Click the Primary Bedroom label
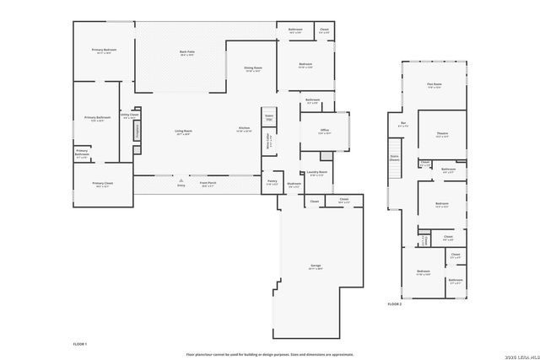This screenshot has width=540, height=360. (x=104, y=51)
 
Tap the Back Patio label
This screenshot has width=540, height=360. (x=187, y=52)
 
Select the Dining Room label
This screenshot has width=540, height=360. (x=253, y=68)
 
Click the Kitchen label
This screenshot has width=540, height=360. (x=244, y=130)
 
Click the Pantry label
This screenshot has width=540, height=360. (x=273, y=181)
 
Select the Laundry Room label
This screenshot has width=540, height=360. (x=317, y=174)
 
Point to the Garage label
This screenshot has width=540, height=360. (x=316, y=266)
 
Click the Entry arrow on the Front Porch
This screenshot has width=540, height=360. (x=181, y=180)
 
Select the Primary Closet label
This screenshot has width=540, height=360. (x=103, y=185)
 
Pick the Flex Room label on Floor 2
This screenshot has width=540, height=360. (x=435, y=84)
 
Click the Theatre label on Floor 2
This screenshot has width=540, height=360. (x=441, y=135)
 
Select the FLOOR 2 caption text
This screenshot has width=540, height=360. (x=395, y=304)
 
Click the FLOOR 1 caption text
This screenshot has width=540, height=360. (x=80, y=345)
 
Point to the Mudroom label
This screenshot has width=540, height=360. (x=294, y=185)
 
